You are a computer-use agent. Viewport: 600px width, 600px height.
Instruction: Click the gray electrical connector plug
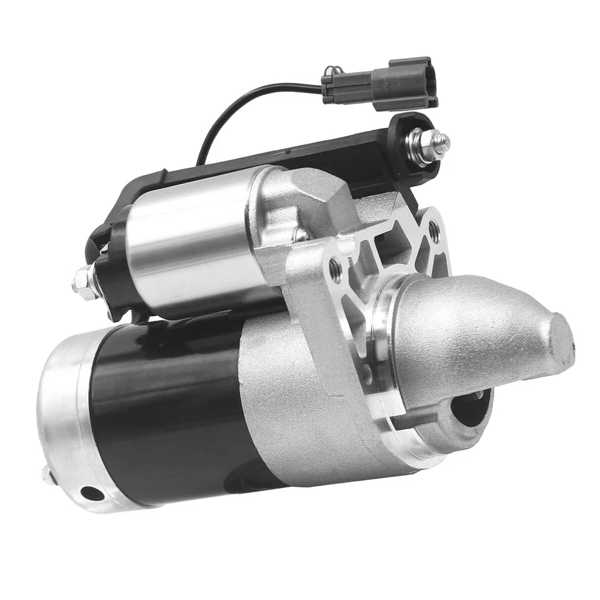[381, 85]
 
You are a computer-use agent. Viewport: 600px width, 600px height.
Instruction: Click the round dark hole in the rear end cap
[92, 494]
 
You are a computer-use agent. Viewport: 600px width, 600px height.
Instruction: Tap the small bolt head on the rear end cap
[47, 474]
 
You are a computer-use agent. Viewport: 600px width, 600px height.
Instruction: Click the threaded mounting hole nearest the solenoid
[335, 269]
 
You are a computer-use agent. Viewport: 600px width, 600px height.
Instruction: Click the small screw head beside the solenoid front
[301, 234]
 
